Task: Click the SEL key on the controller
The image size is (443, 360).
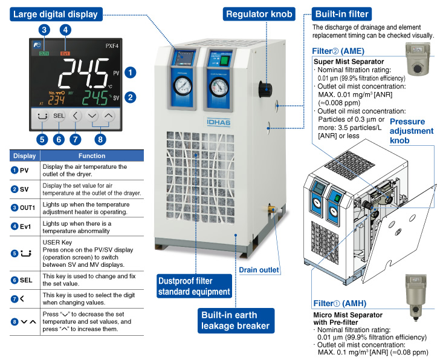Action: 59,116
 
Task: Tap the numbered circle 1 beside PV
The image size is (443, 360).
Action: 131,73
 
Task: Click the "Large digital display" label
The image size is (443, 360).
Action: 56,14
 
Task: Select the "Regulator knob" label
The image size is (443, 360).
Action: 259,14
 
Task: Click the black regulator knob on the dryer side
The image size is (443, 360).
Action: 265,90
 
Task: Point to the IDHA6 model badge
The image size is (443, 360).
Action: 219,122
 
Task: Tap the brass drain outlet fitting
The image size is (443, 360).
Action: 270,209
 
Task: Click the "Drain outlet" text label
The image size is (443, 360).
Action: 259,270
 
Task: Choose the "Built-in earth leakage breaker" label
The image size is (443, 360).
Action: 236,321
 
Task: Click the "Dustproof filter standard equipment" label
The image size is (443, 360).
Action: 195,286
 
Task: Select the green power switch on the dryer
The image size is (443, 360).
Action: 225,61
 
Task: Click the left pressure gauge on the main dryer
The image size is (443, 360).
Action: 183,85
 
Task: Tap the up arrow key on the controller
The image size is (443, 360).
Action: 109,116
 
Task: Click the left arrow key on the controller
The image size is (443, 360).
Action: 75,116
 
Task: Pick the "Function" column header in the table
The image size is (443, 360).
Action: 92,156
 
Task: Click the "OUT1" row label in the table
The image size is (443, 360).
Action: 27,208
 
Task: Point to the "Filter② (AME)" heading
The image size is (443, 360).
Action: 338,51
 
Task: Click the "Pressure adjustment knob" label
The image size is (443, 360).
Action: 412,131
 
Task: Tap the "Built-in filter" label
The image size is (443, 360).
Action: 341,14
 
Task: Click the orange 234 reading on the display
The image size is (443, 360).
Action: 56,100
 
